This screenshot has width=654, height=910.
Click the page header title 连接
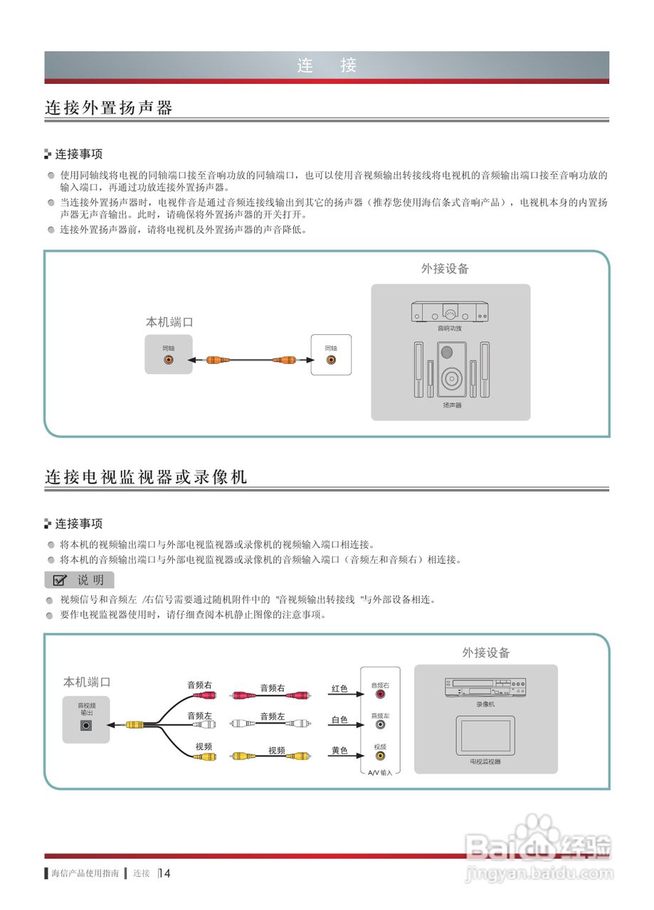click(327, 66)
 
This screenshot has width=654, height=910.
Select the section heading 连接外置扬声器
click(109, 108)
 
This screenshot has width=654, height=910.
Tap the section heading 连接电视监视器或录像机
click(146, 477)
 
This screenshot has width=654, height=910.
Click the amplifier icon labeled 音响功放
click(450, 312)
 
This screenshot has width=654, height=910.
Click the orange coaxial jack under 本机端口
click(169, 360)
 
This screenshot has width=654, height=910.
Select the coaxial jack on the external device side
click(331, 360)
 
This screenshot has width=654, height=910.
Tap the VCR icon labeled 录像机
click(485, 687)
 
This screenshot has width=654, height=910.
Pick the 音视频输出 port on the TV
click(87, 725)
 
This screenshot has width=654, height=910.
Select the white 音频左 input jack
click(380, 726)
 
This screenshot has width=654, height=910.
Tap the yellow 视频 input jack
click(380, 756)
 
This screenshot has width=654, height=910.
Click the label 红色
click(339, 689)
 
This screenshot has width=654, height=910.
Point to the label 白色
click(339, 720)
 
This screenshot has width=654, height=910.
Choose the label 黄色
click(339, 751)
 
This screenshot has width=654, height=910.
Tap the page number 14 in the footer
click(165, 873)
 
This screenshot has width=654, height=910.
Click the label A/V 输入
click(380, 772)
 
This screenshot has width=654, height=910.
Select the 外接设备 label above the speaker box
click(445, 269)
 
